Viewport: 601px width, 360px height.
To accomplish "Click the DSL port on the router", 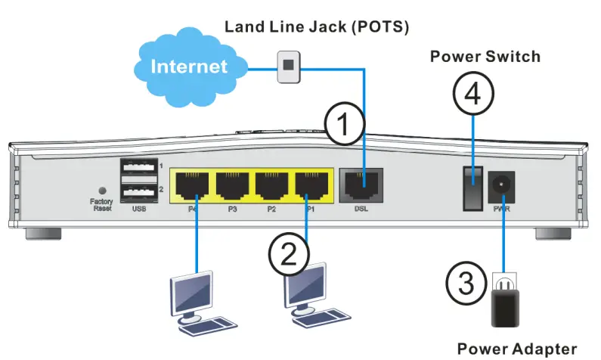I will pos(361,184).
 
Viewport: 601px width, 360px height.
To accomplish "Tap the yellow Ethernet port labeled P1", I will pos(310,184).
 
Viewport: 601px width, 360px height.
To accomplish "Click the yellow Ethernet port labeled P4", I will pos(194,184).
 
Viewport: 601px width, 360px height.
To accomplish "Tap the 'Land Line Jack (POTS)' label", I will pos(317,27).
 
